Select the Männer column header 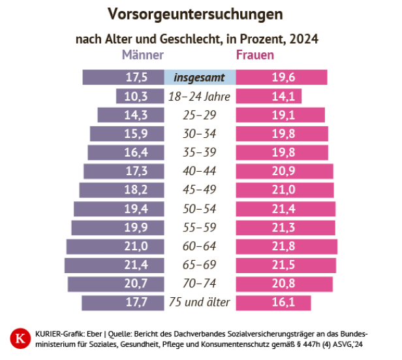(x=142, y=56)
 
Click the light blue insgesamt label (x=199, y=77)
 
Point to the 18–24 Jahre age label (x=199, y=96)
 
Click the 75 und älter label (x=199, y=303)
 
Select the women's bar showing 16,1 (x=273, y=303)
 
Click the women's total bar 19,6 (x=281, y=77)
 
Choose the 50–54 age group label (x=199, y=209)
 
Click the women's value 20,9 (x=283, y=171)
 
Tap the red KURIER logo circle (x=18, y=338)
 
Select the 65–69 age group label (x=199, y=265)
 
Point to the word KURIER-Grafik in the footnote (x=52, y=333)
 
